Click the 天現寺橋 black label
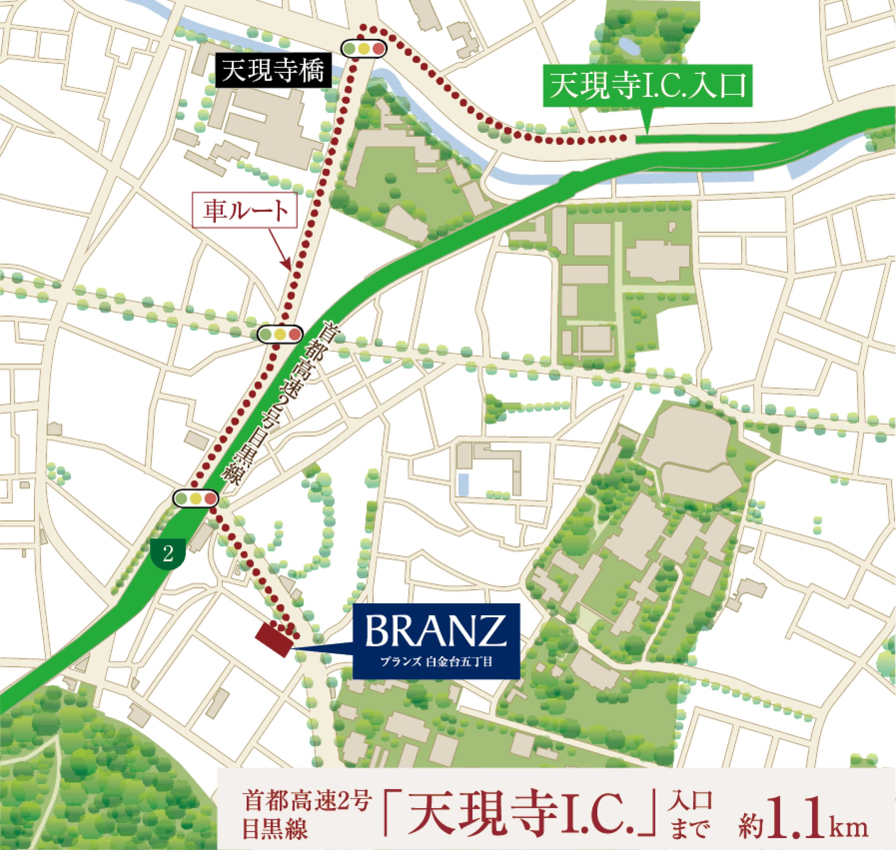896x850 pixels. coord(273,71)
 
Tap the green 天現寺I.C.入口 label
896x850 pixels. coord(648,86)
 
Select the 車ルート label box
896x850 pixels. coord(245,211)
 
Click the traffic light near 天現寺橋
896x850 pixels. coord(364,48)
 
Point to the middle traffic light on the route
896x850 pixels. coord(280,334)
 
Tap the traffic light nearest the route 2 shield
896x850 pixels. coord(196,499)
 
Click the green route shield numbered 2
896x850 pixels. coord(168,553)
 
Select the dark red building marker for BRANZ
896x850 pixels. coord(274,640)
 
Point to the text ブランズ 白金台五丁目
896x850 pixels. coord(436,662)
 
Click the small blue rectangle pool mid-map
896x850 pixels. coord(463,484)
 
